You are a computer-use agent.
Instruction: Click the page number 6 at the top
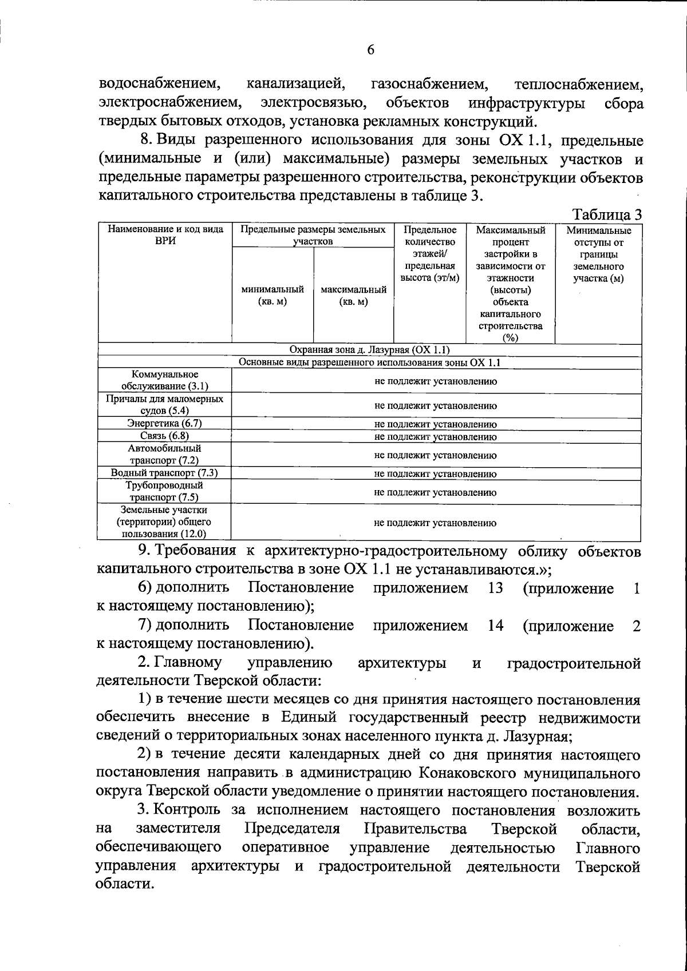coord(370,50)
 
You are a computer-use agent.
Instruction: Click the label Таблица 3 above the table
coord(607,215)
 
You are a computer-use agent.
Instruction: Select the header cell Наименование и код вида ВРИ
coord(165,236)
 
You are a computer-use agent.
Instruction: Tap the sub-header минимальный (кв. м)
coord(273,296)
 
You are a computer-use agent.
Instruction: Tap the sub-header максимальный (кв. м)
coord(353,296)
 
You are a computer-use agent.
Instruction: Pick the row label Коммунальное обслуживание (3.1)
coord(165,380)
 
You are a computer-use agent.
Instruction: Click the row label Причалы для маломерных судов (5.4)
coord(165,404)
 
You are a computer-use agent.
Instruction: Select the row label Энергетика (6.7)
coord(165,423)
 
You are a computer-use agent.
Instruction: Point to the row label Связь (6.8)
coord(165,436)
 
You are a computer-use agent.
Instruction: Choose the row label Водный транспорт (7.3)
coord(165,473)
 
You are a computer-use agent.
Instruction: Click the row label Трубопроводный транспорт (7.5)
coord(165,491)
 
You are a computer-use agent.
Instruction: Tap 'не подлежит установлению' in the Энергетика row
coord(435,424)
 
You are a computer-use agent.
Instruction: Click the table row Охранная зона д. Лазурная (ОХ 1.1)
coord(369,350)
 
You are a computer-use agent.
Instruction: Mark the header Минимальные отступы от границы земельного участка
coord(598,254)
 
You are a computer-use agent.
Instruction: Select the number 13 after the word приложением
coord(495,588)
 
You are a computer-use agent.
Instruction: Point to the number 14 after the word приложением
coord(495,626)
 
